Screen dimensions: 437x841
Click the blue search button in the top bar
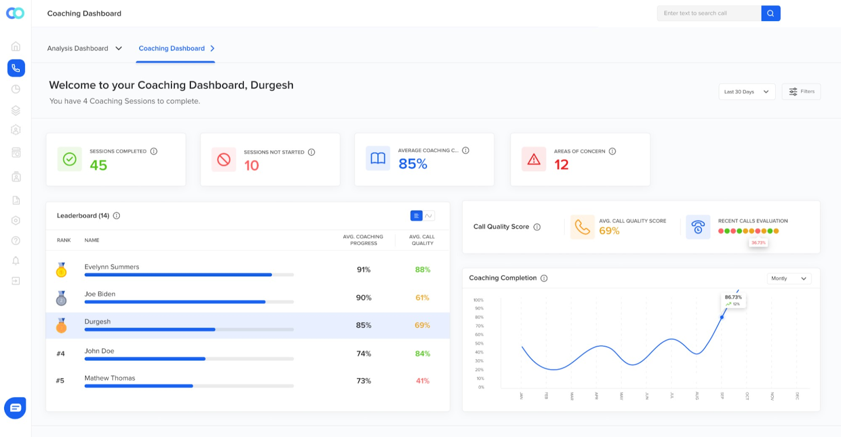(771, 13)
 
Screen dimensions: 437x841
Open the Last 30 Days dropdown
(746, 92)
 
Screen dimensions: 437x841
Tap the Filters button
(801, 91)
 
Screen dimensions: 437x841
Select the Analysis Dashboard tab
(84, 48)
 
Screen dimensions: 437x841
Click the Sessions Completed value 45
(98, 165)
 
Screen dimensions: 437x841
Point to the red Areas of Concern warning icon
(534, 159)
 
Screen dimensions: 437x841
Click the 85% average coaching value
(413, 164)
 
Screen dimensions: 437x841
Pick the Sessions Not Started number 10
(251, 166)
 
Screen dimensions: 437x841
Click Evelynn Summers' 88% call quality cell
(423, 270)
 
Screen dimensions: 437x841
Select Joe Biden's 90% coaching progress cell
(364, 298)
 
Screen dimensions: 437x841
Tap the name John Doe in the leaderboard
(99, 351)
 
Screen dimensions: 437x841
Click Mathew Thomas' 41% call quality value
(423, 381)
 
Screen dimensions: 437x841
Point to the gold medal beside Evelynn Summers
(61, 270)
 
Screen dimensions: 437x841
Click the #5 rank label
(60, 381)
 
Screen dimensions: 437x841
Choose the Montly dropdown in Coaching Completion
(788, 278)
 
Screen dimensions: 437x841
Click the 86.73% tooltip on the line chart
(734, 300)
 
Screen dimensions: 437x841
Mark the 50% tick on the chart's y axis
(479, 344)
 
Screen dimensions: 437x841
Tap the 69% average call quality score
(609, 231)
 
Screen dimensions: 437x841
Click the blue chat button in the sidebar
(15, 408)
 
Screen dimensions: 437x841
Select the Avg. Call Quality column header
(422, 240)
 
